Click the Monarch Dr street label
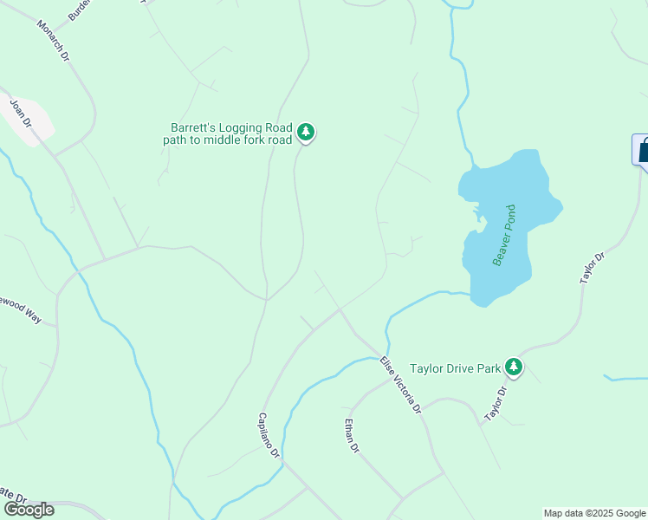(x=52, y=40)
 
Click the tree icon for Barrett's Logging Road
(x=305, y=133)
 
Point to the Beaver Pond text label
(x=503, y=235)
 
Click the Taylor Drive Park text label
(x=456, y=368)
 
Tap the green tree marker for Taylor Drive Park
(x=515, y=367)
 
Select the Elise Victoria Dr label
(x=401, y=384)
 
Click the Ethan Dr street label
(x=351, y=435)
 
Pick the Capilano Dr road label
(x=269, y=435)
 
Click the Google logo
(x=28, y=510)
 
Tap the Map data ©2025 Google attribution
(x=594, y=513)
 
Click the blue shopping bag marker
(x=643, y=150)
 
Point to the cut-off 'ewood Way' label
(x=20, y=309)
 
